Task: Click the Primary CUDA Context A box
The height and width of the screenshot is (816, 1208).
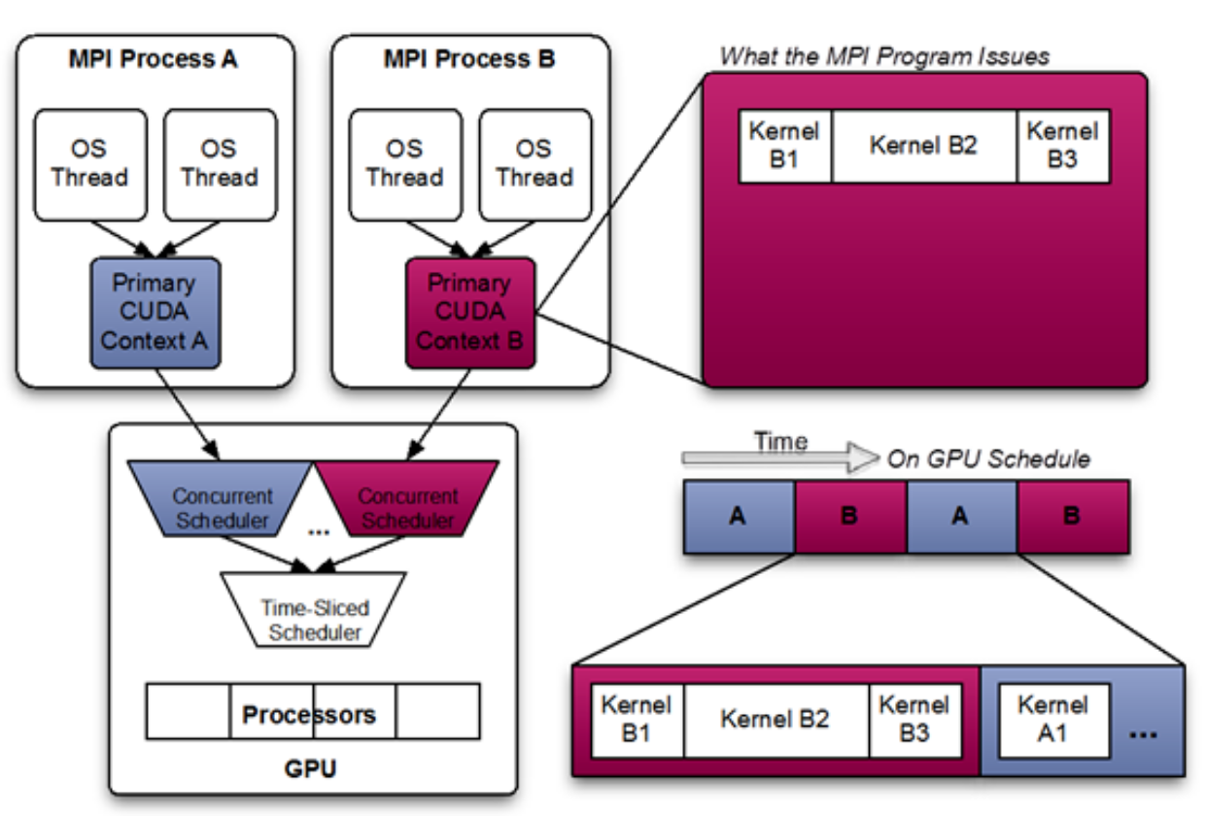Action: pyautogui.click(x=155, y=312)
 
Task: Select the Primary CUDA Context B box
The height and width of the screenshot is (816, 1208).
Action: pyautogui.click(x=470, y=312)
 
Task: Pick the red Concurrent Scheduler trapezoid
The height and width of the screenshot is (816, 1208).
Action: pyautogui.click(x=407, y=507)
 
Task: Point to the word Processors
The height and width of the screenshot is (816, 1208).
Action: pyautogui.click(x=309, y=715)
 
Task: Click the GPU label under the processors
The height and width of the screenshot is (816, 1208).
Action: pyautogui.click(x=310, y=769)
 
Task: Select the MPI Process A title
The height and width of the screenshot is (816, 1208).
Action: pyautogui.click(x=153, y=59)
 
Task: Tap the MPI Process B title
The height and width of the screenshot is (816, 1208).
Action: pyautogui.click(x=470, y=59)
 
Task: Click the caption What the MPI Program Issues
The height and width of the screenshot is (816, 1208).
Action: pyautogui.click(x=884, y=56)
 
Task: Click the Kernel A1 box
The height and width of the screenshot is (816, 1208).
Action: pyautogui.click(x=1052, y=720)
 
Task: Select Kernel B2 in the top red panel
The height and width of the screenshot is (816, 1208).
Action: pyautogui.click(x=923, y=146)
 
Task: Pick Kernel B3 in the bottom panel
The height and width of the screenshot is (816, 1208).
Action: pyautogui.click(x=914, y=720)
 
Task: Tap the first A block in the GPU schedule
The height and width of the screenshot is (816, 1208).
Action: pyautogui.click(x=739, y=516)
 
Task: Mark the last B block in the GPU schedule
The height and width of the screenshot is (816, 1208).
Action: pyautogui.click(x=1073, y=516)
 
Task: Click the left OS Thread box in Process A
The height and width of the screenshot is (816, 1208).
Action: pyautogui.click(x=90, y=164)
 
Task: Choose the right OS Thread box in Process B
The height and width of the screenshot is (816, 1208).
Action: pyautogui.click(x=535, y=164)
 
